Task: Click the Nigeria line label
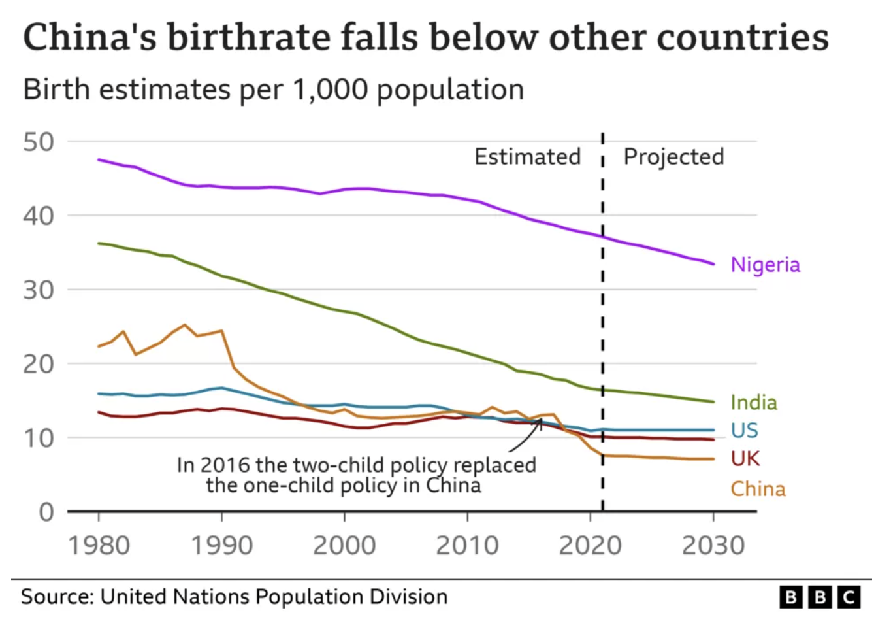[765, 265]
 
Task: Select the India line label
[754, 402]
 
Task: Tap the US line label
[744, 430]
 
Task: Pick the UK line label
[745, 459]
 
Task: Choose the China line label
[758, 489]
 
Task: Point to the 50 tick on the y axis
[39, 142]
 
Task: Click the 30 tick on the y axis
[39, 290]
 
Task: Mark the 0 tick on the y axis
[46, 512]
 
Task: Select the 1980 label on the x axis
[99, 545]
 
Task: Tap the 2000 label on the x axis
[344, 545]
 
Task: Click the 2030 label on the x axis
[713, 545]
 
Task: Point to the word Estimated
[527, 157]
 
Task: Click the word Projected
[673, 157]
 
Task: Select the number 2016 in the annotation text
[225, 465]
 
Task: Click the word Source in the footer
[56, 597]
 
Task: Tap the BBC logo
[820, 597]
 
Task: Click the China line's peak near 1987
[185, 324]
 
